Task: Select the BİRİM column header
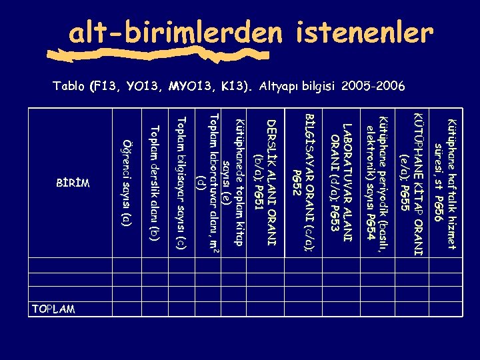[x=73, y=182]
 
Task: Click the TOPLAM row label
[x=53, y=309]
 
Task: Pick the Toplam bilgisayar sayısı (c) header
[x=180, y=182]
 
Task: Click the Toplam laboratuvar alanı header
[x=207, y=177]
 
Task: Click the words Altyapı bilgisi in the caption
[x=297, y=86]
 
